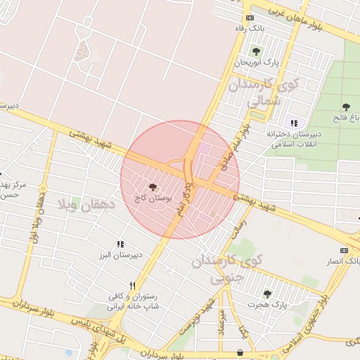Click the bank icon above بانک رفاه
(x=250, y=18)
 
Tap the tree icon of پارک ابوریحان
(x=256, y=51)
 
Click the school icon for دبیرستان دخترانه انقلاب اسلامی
(x=293, y=123)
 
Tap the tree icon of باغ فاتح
(x=346, y=108)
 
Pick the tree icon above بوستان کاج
(x=153, y=187)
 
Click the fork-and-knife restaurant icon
(x=131, y=285)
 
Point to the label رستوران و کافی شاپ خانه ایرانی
(x=132, y=302)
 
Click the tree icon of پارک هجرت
(x=266, y=294)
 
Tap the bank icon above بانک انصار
(x=344, y=250)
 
